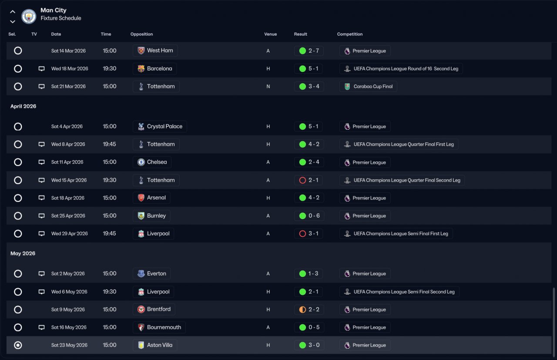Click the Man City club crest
(29, 17)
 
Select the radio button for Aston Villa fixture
(18, 345)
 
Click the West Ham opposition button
(155, 50)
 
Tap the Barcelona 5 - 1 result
(309, 69)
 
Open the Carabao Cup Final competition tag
(368, 87)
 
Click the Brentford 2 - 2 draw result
(309, 310)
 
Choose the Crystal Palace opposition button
(160, 127)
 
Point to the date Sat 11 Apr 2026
(67, 162)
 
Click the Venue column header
(270, 34)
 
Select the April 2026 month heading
(23, 106)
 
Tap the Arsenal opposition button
(151, 198)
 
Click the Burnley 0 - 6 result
(309, 216)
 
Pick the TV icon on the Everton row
(42, 274)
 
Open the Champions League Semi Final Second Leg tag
(399, 292)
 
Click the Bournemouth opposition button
(159, 327)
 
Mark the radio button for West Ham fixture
(18, 50)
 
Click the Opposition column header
(141, 34)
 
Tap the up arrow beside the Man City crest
(13, 12)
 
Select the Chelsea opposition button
(152, 162)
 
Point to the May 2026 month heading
(23, 253)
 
